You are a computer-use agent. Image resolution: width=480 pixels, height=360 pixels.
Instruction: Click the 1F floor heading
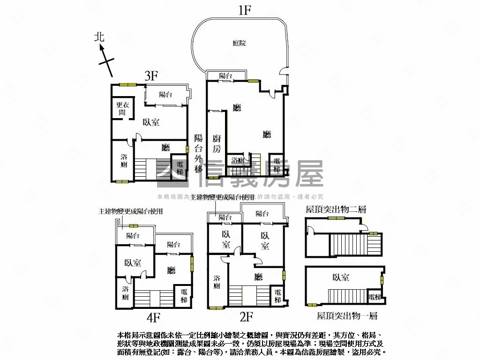(244, 10)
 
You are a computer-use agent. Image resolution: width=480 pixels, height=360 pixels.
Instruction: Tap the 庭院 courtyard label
(239, 43)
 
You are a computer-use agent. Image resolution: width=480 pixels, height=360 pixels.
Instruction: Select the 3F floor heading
(151, 76)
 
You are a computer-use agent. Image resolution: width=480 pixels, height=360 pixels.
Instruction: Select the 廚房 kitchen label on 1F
(216, 143)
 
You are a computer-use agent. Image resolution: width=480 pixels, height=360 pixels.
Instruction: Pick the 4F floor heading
(153, 318)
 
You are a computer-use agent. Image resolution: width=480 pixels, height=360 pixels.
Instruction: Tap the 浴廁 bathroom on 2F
(217, 281)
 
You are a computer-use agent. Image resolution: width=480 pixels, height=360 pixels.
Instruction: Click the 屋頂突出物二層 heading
(335, 210)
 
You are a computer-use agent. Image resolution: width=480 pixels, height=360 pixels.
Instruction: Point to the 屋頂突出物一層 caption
(347, 316)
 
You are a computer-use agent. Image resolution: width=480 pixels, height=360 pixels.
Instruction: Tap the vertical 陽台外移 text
(199, 153)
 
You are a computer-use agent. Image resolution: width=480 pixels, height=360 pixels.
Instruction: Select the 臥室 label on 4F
(133, 263)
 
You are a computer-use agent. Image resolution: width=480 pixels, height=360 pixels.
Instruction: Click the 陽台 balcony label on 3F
(165, 95)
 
